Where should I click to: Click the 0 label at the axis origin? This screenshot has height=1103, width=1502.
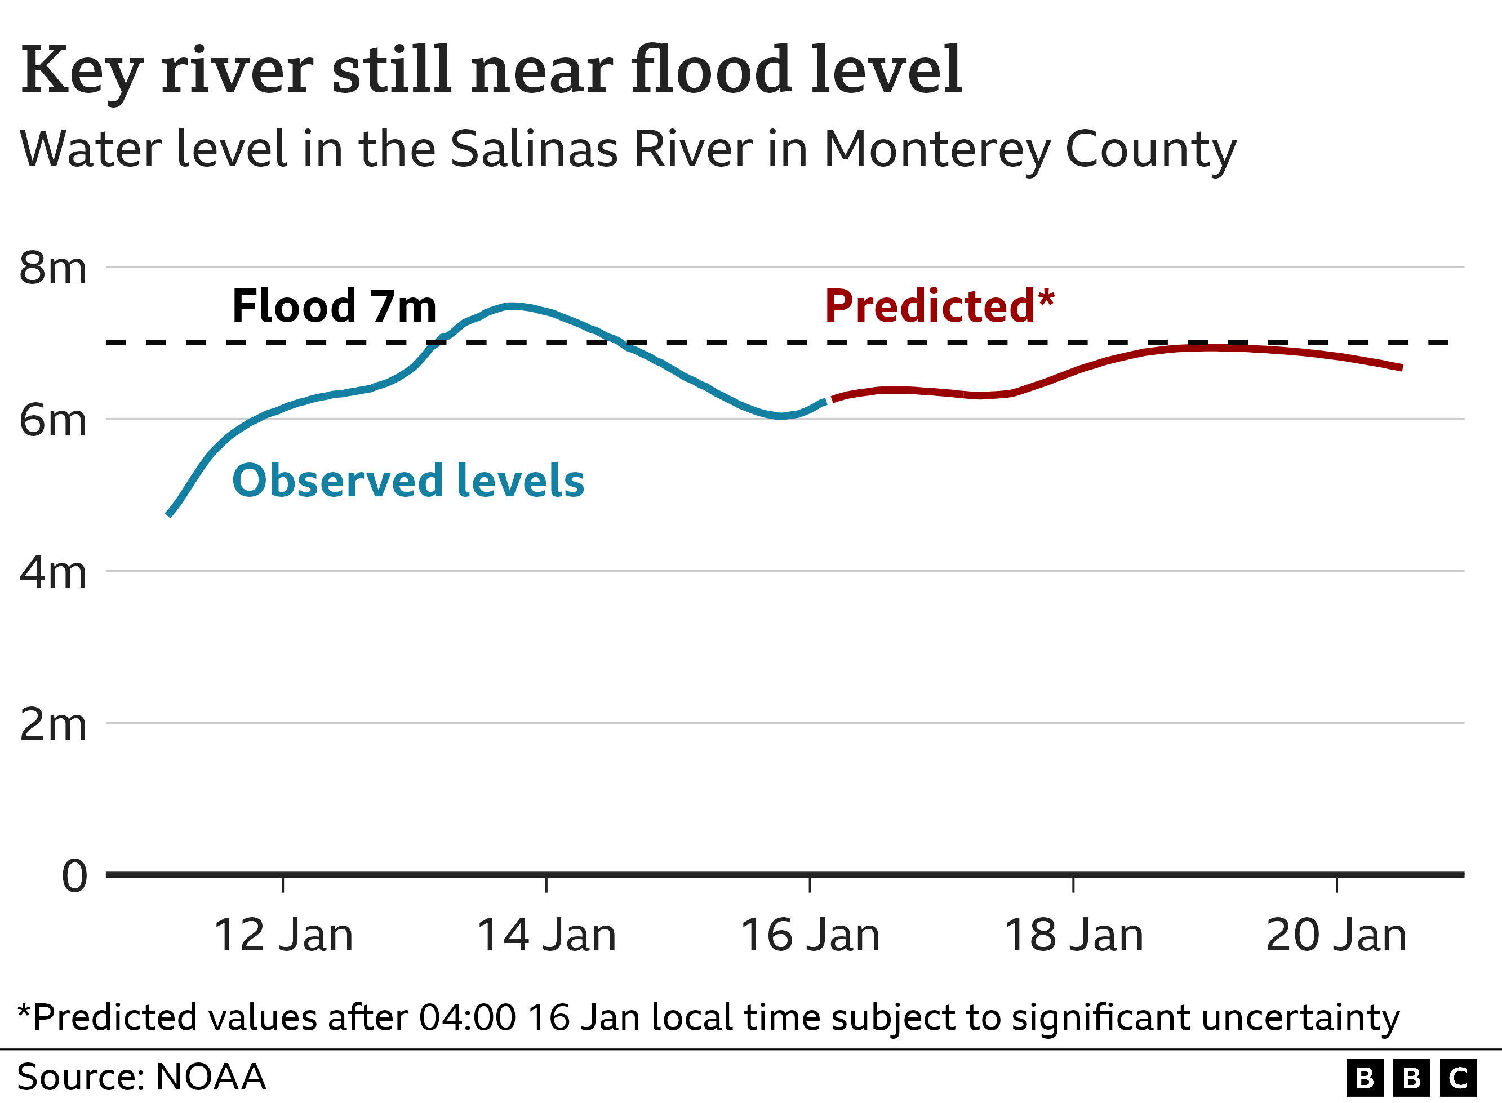coord(74,876)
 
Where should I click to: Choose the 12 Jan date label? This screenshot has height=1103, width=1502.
coord(283,936)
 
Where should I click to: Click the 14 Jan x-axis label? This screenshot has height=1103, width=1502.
coord(546,936)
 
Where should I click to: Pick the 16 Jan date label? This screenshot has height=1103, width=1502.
coord(810,936)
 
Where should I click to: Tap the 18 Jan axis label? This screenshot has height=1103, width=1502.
coord(1073,936)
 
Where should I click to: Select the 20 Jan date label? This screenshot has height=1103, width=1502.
coord(1336,936)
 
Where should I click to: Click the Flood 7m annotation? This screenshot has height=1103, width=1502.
coord(334,306)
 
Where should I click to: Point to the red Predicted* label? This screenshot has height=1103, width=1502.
coord(939,306)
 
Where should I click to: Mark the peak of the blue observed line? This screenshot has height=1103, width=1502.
coord(510,306)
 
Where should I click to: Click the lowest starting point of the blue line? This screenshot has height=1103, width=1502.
coord(168,515)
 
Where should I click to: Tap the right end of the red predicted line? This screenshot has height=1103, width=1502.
coord(1401,367)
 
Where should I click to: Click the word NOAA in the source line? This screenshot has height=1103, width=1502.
coord(210,1077)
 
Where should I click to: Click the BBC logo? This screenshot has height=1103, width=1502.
coord(1411,1078)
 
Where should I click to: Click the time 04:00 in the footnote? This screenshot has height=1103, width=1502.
coord(467,1017)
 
